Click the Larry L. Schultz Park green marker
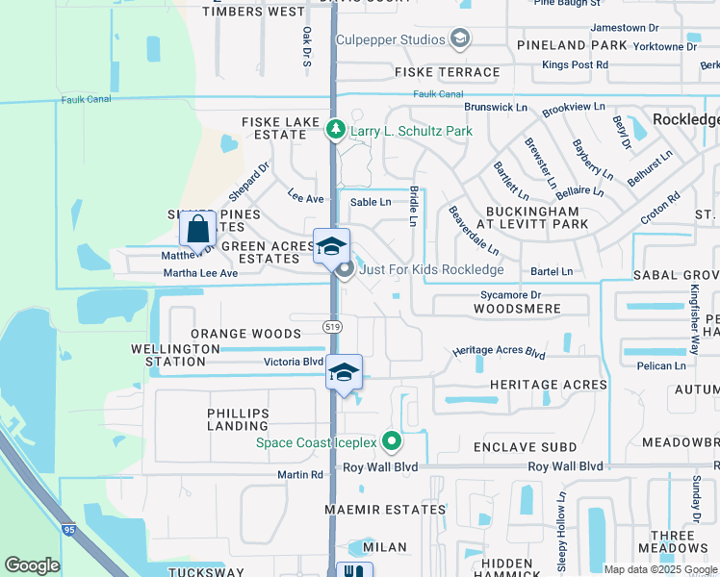pyautogui.click(x=335, y=129)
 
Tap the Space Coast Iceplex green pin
pyautogui.click(x=391, y=442)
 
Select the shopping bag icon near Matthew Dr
pyautogui.click(x=198, y=230)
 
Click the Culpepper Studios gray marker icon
pyautogui.click(x=459, y=39)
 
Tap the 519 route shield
pyautogui.click(x=333, y=327)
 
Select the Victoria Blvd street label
pyautogui.click(x=294, y=363)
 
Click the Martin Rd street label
pyautogui.click(x=300, y=475)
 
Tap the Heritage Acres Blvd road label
pyautogui.click(x=499, y=354)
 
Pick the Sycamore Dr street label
pyautogui.click(x=511, y=295)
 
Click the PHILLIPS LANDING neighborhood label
pyautogui.click(x=238, y=419)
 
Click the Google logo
pyautogui.click(x=32, y=565)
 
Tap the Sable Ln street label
pyautogui.click(x=371, y=202)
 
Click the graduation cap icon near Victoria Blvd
pyautogui.click(x=344, y=373)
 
